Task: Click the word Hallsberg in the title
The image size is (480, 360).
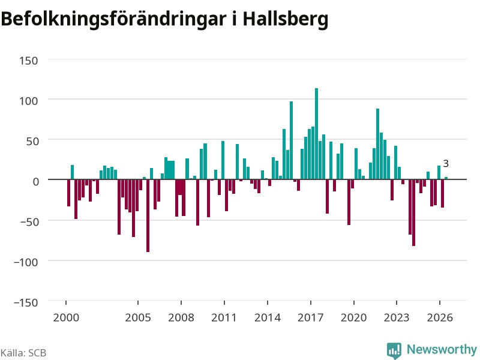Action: click(286, 19)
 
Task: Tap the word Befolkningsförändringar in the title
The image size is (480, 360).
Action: click(114, 19)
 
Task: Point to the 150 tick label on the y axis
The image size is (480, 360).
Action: click(28, 61)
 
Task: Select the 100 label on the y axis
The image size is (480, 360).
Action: click(28, 101)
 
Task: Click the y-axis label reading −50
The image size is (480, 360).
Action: click(29, 221)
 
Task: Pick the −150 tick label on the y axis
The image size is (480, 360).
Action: click(26, 302)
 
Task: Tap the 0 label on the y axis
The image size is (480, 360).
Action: click(36, 182)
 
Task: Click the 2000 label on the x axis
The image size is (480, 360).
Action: click(66, 317)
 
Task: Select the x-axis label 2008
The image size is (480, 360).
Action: click(181, 317)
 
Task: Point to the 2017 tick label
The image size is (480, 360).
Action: click(310, 317)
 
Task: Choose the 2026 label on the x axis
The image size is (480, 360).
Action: click(440, 317)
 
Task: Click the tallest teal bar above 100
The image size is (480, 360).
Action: click(317, 134)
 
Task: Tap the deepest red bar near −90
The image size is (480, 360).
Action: click(148, 215)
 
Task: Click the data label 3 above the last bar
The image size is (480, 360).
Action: click(446, 164)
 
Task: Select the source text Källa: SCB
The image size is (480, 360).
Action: click(23, 353)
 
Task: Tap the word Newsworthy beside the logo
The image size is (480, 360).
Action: click(442, 349)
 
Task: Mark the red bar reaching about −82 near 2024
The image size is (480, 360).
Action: click(413, 213)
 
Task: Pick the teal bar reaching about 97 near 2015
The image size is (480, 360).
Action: click(291, 140)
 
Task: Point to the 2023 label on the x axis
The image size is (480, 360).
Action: click(397, 317)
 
